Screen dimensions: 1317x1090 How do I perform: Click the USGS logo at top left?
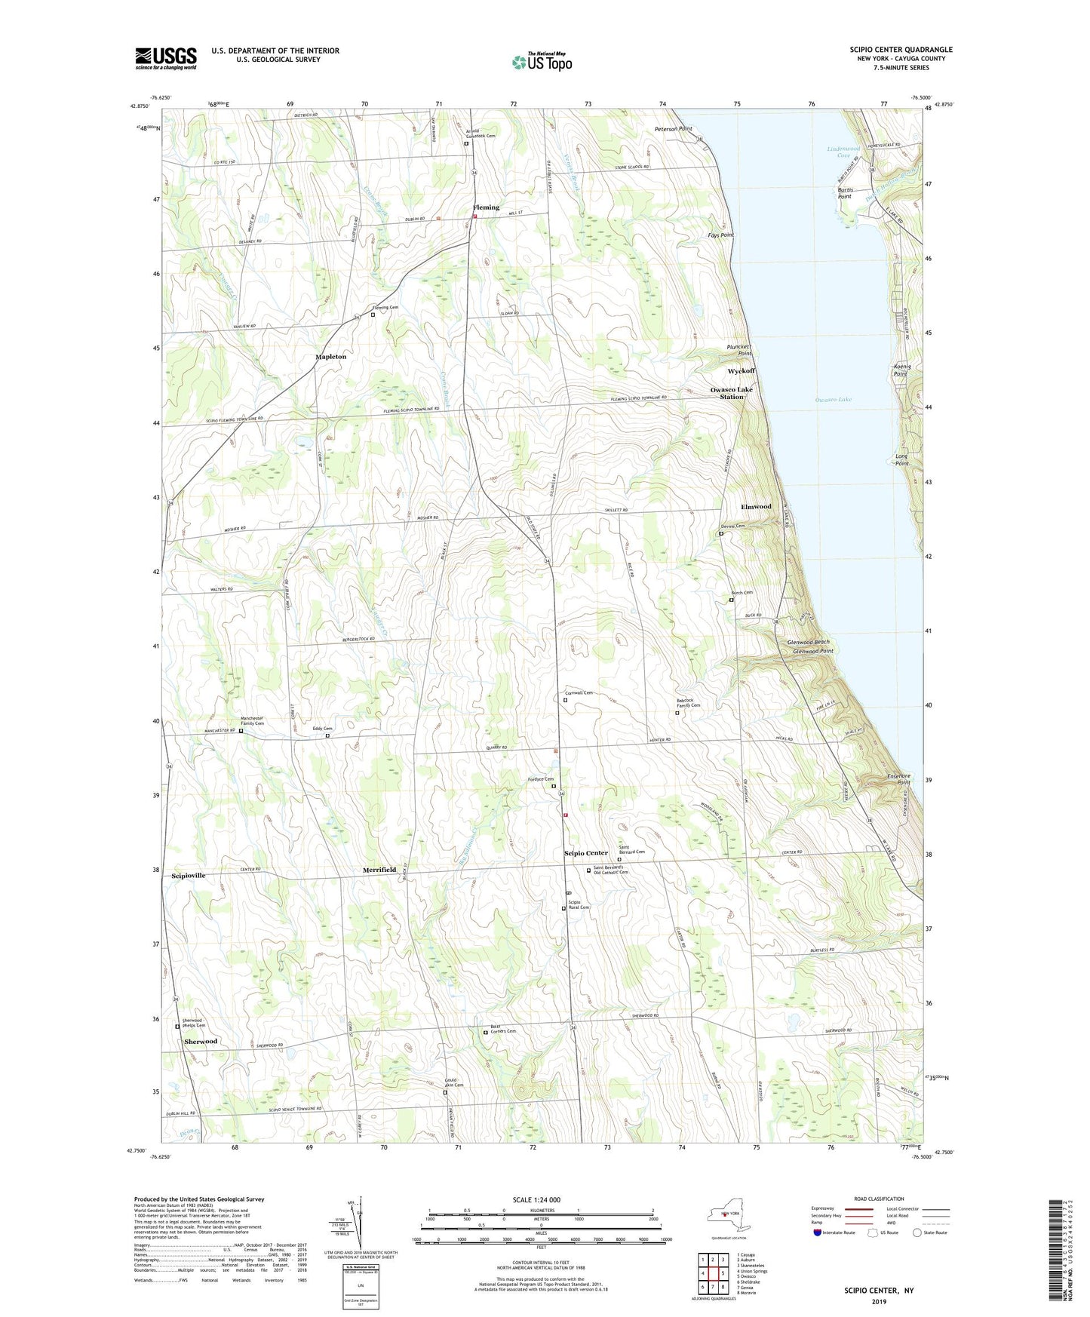(166, 58)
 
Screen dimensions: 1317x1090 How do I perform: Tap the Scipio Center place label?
(585, 853)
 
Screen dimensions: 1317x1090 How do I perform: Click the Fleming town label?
(486, 207)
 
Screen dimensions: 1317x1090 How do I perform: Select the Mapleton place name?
(330, 356)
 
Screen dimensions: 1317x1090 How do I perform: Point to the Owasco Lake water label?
(833, 399)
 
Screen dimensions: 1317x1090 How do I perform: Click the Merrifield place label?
(379, 870)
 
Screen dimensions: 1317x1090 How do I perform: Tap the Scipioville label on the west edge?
(189, 876)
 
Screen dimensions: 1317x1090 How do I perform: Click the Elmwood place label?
(756, 507)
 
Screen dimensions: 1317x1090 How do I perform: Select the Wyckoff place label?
(741, 371)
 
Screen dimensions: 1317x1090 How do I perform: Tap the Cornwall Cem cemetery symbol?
(566, 700)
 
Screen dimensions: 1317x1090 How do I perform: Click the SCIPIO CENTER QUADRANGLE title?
(901, 50)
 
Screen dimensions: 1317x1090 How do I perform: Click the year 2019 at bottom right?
(879, 1301)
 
